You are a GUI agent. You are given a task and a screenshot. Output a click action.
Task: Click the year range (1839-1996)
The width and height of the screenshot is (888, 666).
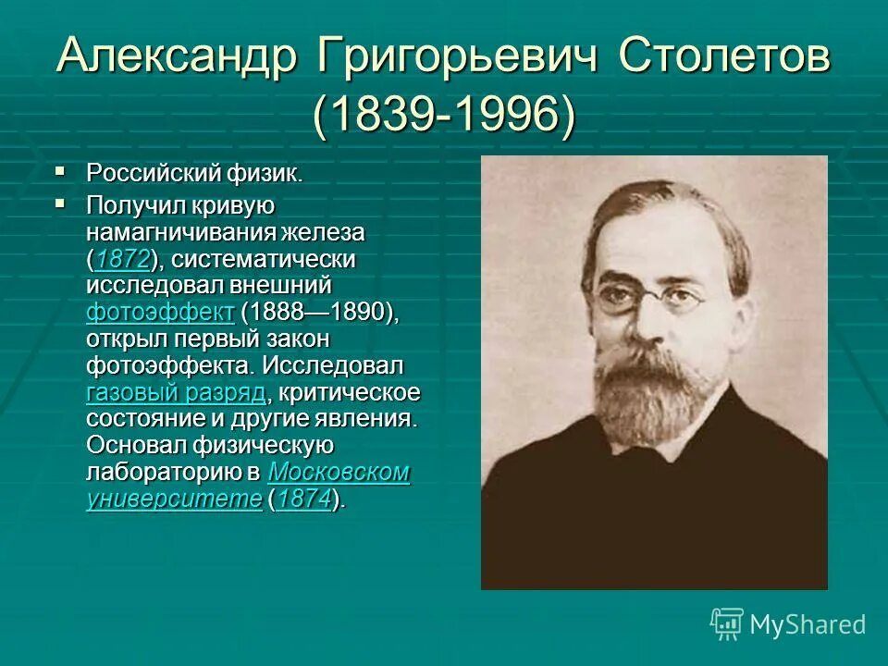pos(444,117)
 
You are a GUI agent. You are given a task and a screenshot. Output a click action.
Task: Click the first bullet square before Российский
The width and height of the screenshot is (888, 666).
pos(61,171)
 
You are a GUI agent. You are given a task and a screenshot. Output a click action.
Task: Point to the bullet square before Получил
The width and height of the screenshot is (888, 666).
pos(61,202)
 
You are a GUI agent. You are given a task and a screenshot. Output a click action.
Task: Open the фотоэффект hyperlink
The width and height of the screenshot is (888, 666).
pos(160,313)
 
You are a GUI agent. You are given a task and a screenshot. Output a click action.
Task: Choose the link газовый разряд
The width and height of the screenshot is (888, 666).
pos(176,392)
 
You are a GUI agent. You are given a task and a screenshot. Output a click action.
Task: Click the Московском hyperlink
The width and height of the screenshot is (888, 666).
pos(339,473)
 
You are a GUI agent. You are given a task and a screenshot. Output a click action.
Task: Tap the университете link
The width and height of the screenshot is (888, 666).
pos(175,499)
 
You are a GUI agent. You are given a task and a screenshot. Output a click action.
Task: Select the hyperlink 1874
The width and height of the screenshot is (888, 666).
pos(303,499)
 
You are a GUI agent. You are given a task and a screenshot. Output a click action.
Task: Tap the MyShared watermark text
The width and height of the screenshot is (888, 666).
pos(808,624)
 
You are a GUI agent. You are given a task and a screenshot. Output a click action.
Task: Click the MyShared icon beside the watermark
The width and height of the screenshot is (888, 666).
pos(727,623)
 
